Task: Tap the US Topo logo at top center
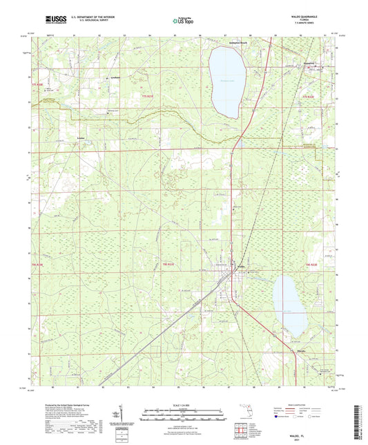pyautogui.click(x=182, y=21)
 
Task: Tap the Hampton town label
pyautogui.click(x=308, y=61)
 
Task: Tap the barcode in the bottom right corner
pyautogui.click(x=357, y=415)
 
